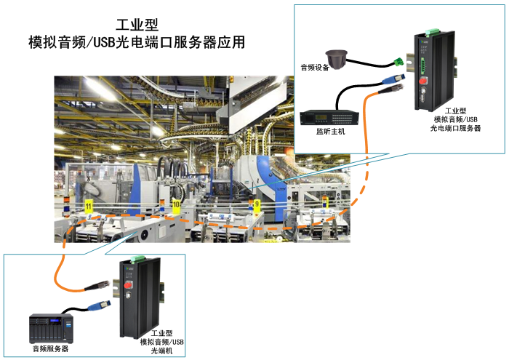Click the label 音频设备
pyautogui.click(x=315, y=68)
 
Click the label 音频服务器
pyautogui.click(x=50, y=349)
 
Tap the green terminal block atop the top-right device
pyautogui.click(x=430, y=30)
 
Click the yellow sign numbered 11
pyautogui.click(x=89, y=207)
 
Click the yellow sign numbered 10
pyautogui.click(x=176, y=207)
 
